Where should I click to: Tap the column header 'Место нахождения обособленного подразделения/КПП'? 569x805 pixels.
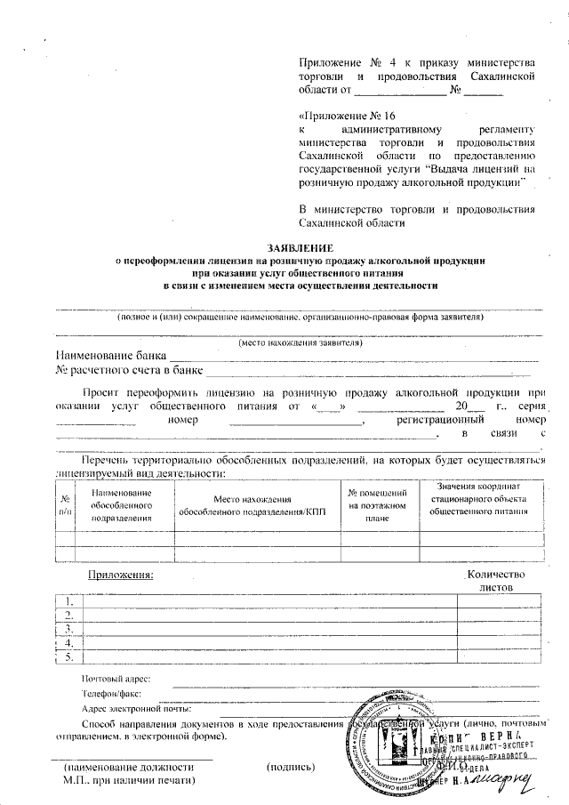pyautogui.click(x=253, y=504)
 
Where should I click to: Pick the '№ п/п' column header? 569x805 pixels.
pyautogui.click(x=65, y=504)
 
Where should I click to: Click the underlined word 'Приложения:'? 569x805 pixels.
pyautogui.click(x=120, y=576)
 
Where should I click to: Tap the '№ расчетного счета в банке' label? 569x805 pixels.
pyautogui.click(x=130, y=369)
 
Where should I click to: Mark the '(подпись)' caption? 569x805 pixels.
pyautogui.click(x=291, y=765)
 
